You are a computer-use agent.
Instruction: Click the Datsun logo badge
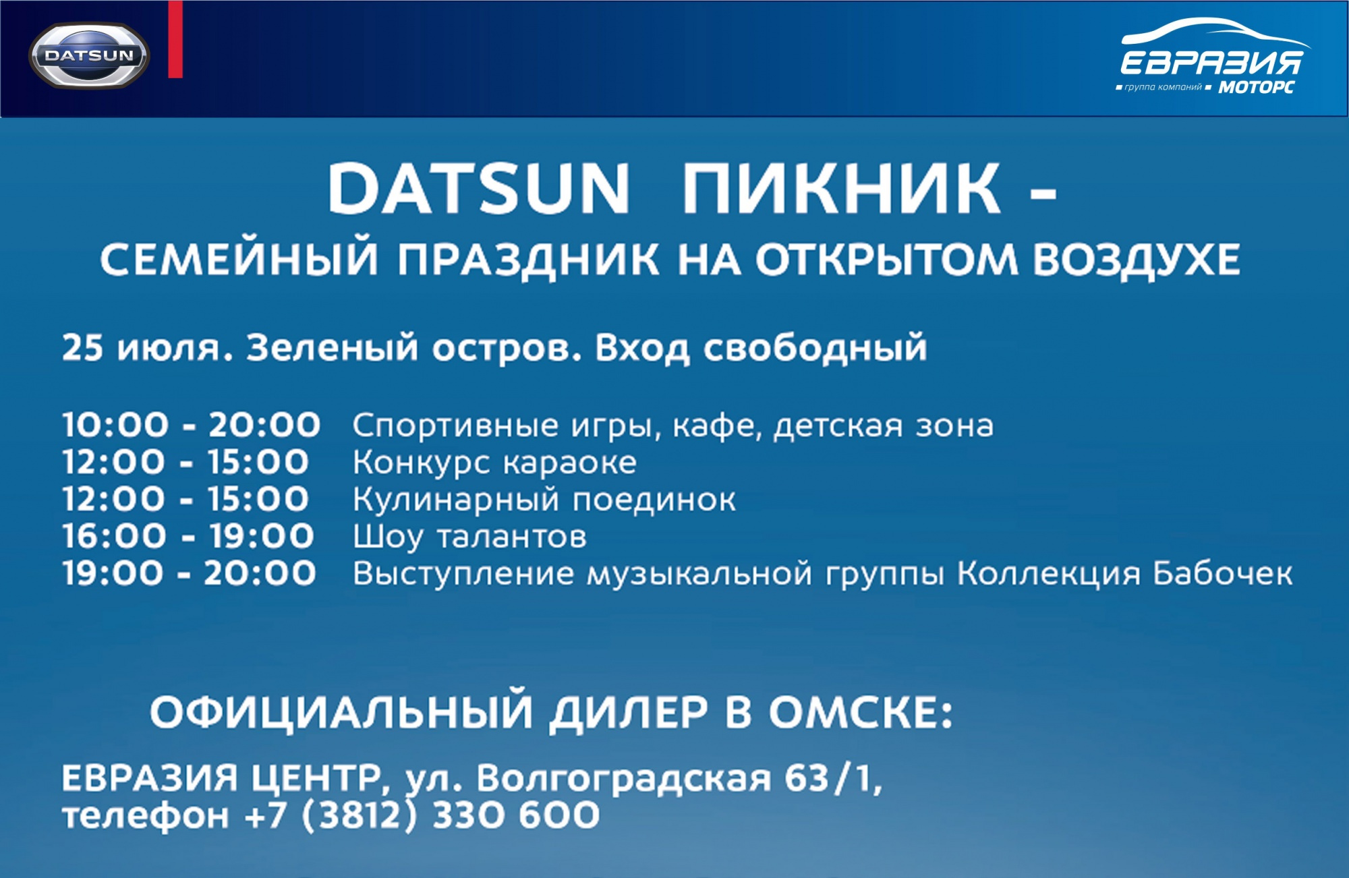coord(89,56)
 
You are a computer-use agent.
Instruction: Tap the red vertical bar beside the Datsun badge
coord(175,39)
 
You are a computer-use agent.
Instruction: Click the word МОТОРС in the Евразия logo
coord(1257,87)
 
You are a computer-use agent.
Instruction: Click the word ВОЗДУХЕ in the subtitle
coord(1137,260)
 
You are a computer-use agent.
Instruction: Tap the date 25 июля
coord(148,348)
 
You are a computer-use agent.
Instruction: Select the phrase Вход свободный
coord(761,348)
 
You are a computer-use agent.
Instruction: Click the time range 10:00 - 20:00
coord(191,425)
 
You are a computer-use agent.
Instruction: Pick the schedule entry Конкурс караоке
coord(494,463)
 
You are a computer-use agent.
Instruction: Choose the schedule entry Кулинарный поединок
coord(544,500)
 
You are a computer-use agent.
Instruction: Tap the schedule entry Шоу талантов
coord(469,537)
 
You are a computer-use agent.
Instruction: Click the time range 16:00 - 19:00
coord(188,536)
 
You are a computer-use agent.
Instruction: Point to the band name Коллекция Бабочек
coord(1125,574)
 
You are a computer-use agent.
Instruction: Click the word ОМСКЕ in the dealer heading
coord(861,712)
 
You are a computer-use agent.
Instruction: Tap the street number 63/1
coord(834,778)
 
